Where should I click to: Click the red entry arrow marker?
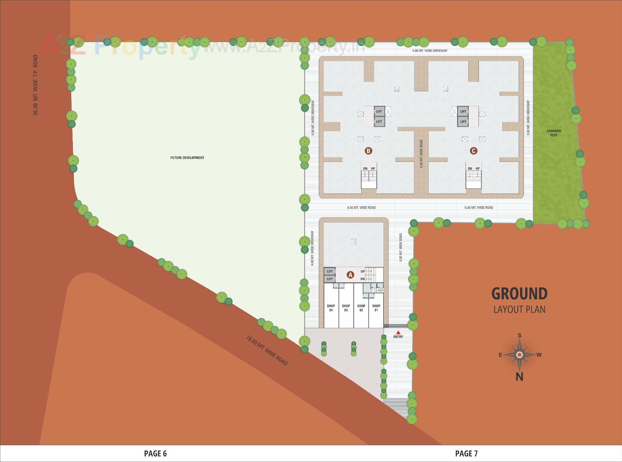(x=398, y=332)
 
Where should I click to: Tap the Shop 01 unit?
(x=376, y=308)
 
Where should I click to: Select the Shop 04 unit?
(x=331, y=308)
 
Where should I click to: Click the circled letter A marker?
(x=350, y=275)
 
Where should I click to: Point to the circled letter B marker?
(x=368, y=151)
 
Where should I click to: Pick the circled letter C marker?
(x=474, y=151)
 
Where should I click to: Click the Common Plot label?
(x=554, y=133)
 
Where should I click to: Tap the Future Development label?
(x=187, y=158)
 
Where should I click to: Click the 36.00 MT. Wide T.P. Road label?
(x=35, y=85)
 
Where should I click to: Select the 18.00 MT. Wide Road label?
(x=267, y=350)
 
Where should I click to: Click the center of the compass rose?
(x=519, y=355)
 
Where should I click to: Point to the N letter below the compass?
(x=519, y=377)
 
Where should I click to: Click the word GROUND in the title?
(x=519, y=294)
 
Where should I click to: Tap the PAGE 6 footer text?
(x=155, y=454)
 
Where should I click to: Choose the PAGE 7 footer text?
(x=466, y=454)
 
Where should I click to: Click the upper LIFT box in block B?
(x=379, y=111)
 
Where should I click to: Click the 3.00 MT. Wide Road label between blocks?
(x=421, y=153)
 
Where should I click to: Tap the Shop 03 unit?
(x=346, y=308)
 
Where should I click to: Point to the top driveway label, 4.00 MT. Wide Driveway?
(x=430, y=51)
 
